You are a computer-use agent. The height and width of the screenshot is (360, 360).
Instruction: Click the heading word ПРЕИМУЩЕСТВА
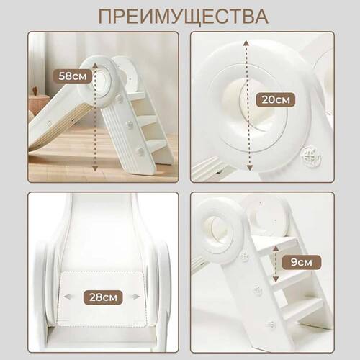180,15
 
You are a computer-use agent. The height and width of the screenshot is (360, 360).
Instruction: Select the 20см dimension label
274,99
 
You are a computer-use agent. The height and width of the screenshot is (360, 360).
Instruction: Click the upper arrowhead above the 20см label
246,42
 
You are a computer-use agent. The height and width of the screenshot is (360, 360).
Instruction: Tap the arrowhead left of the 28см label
67,296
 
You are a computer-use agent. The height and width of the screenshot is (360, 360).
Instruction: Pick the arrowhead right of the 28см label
135,296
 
